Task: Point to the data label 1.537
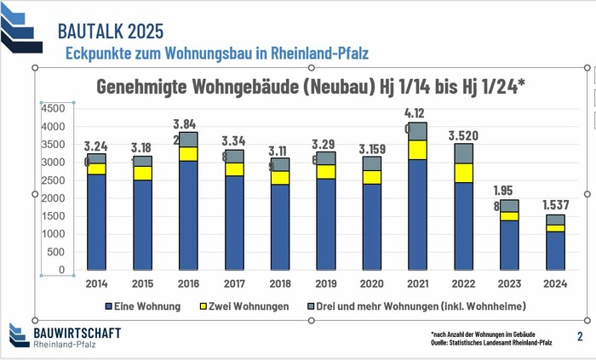click(x=555, y=205)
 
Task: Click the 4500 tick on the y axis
click(x=53, y=109)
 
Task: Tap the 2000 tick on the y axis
click(x=53, y=198)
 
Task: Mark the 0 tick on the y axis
click(x=61, y=270)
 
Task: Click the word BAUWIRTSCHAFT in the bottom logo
click(x=76, y=332)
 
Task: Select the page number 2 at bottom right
click(x=579, y=336)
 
